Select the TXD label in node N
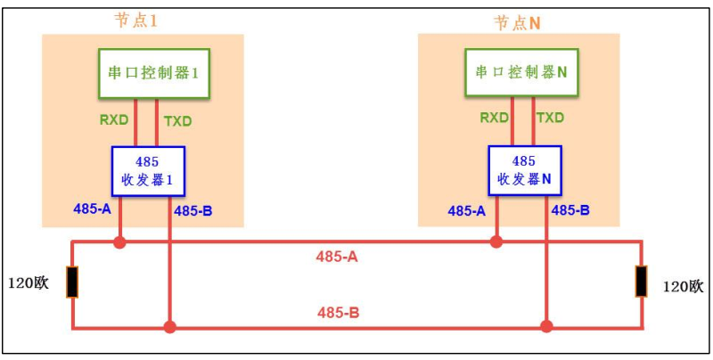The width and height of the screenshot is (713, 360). tap(550, 118)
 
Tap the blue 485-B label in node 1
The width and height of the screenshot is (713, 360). tap(193, 211)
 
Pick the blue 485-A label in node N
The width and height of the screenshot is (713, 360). tap(466, 211)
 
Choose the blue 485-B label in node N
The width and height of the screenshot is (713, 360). tap(570, 211)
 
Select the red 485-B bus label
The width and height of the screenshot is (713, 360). tap(339, 313)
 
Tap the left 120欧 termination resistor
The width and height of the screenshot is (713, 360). tap(72, 282)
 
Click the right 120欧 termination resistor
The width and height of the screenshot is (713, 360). tap(641, 282)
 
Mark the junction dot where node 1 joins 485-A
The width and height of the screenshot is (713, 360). tap(119, 241)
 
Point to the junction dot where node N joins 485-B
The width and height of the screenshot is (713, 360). tap(545, 327)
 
